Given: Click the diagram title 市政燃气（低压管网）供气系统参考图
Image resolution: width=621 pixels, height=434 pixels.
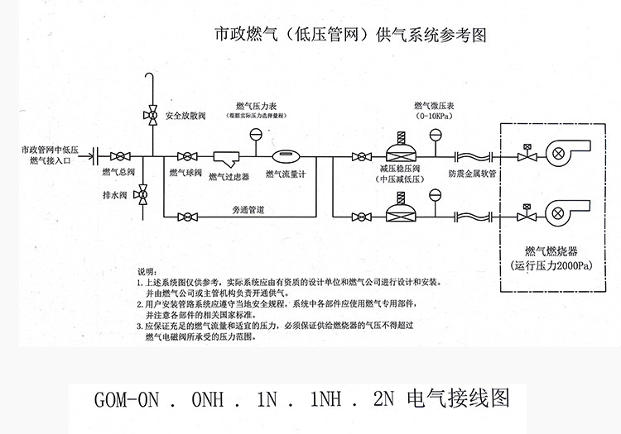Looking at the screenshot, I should pos(349,36).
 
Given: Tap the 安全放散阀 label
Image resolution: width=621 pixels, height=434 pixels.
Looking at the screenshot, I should pos(185,115).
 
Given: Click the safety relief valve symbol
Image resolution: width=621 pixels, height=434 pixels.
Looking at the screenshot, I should pos(152,114).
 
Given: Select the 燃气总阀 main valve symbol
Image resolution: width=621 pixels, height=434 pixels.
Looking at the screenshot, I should pos(122,155).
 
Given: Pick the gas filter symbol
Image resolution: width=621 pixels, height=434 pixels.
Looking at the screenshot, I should pos(227,157).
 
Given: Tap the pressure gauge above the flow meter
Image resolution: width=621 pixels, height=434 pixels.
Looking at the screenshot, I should pos(256,136).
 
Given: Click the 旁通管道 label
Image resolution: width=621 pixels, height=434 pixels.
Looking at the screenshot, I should pos(248,211).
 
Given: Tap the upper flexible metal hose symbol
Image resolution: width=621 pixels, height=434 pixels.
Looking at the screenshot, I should pos(474,155).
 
